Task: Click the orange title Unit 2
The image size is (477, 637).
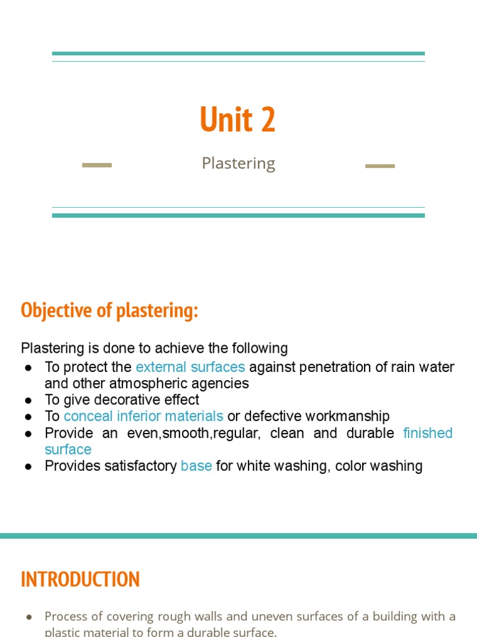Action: coord(238,119)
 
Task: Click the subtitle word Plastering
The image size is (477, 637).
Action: coord(238,164)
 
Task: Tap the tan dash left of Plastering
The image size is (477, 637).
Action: coord(97,165)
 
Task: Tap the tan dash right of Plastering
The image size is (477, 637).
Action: coord(379,166)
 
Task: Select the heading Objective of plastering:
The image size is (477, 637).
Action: coord(109,310)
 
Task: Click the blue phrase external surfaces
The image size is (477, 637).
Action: coord(190,367)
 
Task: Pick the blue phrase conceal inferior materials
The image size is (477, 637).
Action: coord(143,416)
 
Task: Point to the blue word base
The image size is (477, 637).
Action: coord(196,466)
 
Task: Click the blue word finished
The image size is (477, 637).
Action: coord(428,433)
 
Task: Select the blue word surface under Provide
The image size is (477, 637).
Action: coord(68,450)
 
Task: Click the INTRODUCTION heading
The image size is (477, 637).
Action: coord(80,579)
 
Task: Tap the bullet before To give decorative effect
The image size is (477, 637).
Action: coord(29,400)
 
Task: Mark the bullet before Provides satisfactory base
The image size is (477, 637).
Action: coord(29,467)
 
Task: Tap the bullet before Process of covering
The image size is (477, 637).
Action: coord(29,617)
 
